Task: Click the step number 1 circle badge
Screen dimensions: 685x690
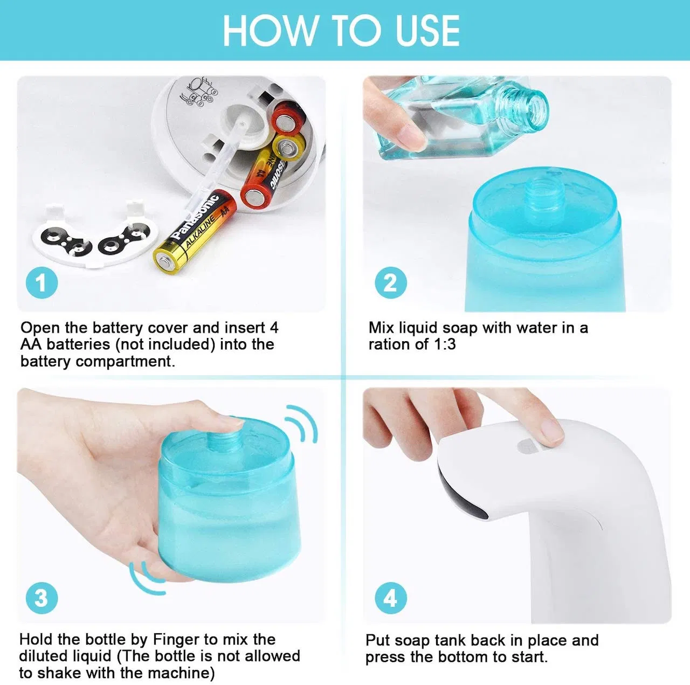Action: click(42, 283)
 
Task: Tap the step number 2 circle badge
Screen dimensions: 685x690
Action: click(390, 283)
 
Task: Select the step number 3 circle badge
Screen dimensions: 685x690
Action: click(42, 598)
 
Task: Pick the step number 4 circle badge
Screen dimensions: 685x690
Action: click(390, 598)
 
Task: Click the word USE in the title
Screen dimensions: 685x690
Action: click(427, 31)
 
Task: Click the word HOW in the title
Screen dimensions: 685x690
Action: click(270, 31)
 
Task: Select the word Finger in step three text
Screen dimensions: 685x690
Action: click(176, 640)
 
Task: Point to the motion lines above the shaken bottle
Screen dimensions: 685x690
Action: click(302, 424)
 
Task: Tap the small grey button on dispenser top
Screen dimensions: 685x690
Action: click(526, 447)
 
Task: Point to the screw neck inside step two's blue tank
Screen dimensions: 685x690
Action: click(544, 193)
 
